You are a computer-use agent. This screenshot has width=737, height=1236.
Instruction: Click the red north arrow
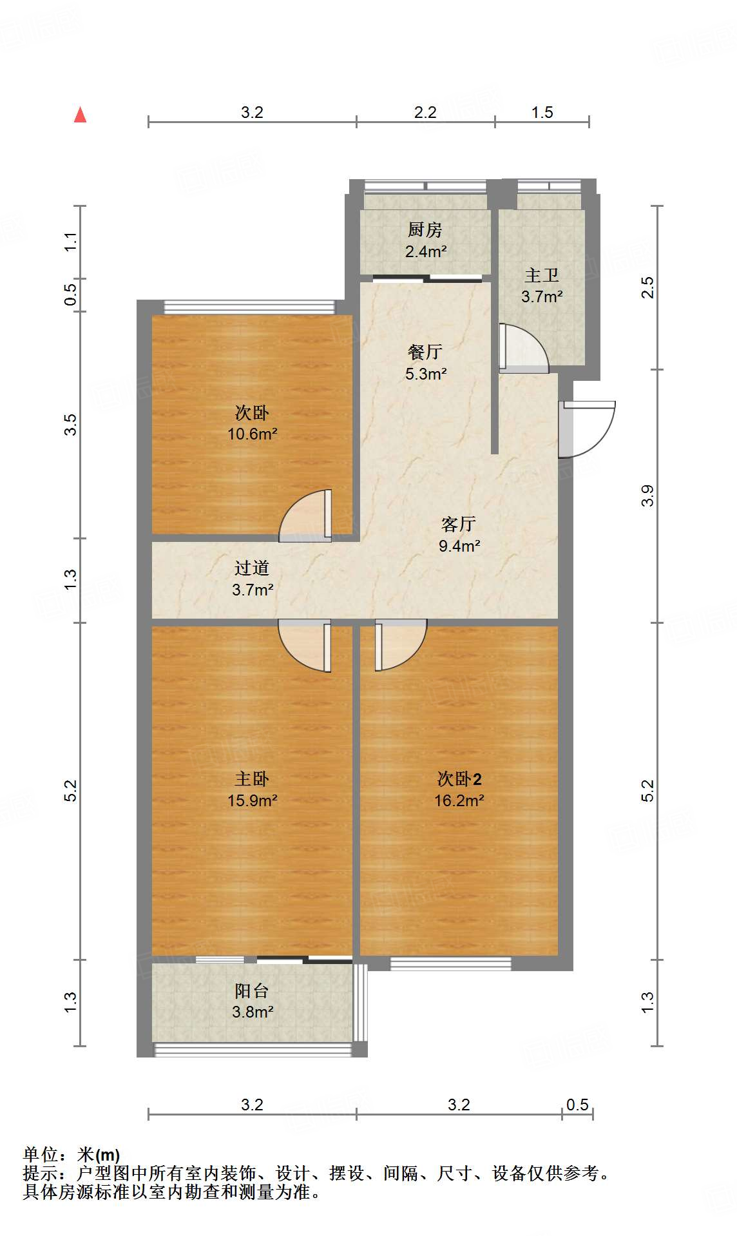click(x=80, y=115)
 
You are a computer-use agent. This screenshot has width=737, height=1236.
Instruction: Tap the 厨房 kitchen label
click(x=425, y=229)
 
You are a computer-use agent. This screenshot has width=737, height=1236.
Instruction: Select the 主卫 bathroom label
click(x=541, y=275)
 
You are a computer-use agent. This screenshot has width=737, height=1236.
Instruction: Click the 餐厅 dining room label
click(x=425, y=352)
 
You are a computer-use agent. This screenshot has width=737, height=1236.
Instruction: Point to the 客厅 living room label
click(x=459, y=524)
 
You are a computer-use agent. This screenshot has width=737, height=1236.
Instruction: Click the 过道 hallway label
click(x=252, y=568)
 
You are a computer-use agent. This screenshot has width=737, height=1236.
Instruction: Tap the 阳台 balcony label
click(x=252, y=990)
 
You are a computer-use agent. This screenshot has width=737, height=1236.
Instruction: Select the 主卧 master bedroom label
click(x=252, y=779)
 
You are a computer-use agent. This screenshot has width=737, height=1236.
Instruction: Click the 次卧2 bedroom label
click(x=459, y=779)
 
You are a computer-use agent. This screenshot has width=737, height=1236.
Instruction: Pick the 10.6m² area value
click(x=252, y=434)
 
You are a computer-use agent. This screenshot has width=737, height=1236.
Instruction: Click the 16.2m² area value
click(x=459, y=800)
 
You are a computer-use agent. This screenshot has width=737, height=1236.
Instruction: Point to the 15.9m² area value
click(x=252, y=800)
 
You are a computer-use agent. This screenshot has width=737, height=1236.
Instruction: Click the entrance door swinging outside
click(x=588, y=428)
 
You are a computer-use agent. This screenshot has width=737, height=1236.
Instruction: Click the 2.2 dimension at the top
click(x=425, y=112)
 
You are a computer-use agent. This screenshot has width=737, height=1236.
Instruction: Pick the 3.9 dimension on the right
click(x=647, y=496)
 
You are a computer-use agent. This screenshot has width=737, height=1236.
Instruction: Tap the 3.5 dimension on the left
click(x=70, y=425)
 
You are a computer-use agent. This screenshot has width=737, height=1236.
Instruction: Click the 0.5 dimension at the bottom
click(x=577, y=1105)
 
